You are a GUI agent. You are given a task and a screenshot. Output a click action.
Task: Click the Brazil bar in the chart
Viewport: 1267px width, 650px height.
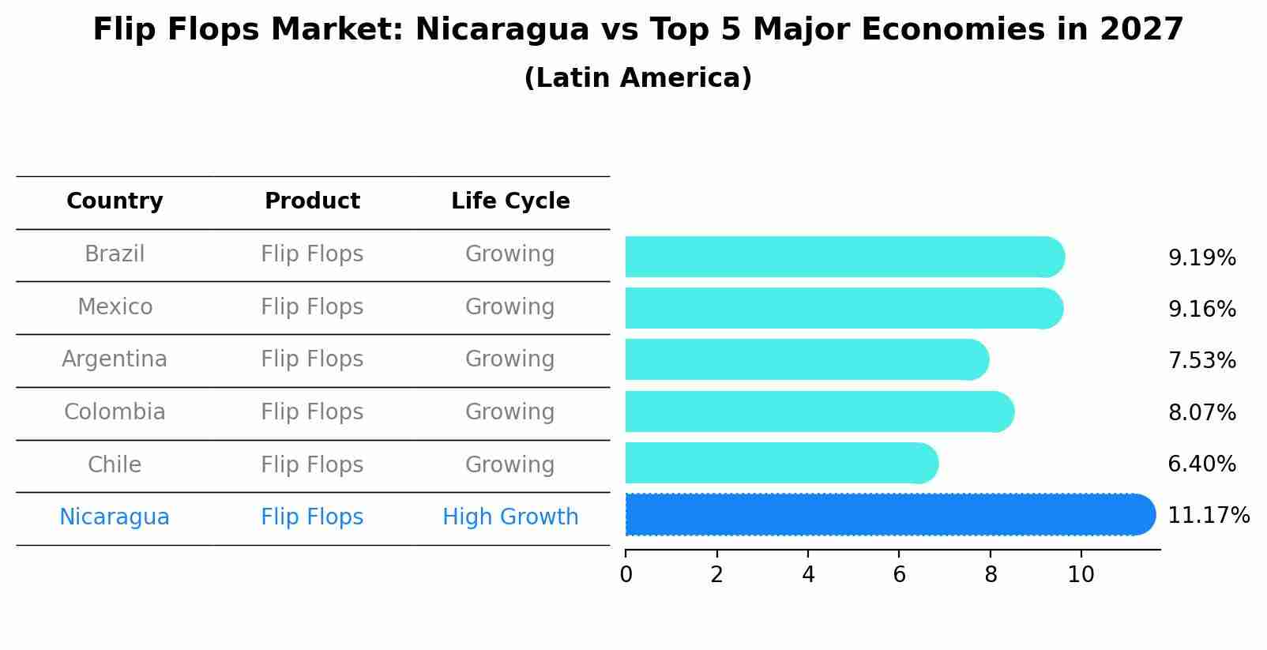pyautogui.click(x=844, y=257)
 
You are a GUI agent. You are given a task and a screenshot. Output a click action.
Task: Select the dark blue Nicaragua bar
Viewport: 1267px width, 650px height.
pyautogui.click(x=889, y=515)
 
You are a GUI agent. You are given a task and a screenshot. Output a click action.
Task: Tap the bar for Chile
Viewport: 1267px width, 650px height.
pyautogui.click(x=780, y=464)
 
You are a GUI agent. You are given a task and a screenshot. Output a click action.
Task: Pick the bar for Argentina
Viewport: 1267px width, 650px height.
pyautogui.click(x=806, y=360)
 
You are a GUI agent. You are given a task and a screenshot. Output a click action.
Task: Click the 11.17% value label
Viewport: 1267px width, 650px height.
pyautogui.click(x=1208, y=516)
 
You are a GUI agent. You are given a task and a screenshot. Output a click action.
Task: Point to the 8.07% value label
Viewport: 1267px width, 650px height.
pyautogui.click(x=1201, y=412)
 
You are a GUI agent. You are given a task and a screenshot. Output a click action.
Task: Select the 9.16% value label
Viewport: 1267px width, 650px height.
pyautogui.click(x=1201, y=309)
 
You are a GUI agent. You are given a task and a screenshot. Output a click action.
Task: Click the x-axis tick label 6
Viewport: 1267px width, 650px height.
pyautogui.click(x=899, y=575)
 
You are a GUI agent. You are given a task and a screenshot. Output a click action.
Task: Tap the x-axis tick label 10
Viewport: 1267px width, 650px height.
pyautogui.click(x=1081, y=575)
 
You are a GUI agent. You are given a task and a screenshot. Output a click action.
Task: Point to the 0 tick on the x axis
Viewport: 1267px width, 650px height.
pyautogui.click(x=626, y=575)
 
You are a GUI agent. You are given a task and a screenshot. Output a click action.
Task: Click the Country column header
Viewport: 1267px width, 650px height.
pyautogui.click(x=115, y=201)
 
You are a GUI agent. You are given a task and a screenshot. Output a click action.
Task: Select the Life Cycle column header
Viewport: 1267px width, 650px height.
pyautogui.click(x=510, y=201)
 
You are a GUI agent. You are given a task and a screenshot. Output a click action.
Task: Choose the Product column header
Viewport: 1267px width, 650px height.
pyautogui.click(x=312, y=201)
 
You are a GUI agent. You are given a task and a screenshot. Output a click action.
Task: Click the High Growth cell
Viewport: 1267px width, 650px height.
pyautogui.click(x=510, y=517)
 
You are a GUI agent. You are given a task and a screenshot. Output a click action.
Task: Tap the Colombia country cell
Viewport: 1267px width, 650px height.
pyautogui.click(x=115, y=412)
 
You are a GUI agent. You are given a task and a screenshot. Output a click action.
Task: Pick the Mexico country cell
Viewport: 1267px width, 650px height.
pyautogui.click(x=115, y=306)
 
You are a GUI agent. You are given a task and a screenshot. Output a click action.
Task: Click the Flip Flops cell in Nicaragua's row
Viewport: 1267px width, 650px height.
pyautogui.click(x=312, y=517)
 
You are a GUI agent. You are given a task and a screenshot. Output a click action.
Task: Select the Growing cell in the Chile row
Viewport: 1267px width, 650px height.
pyautogui.click(x=510, y=464)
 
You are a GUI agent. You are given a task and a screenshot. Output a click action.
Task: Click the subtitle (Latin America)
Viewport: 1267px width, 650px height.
pyautogui.click(x=637, y=78)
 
